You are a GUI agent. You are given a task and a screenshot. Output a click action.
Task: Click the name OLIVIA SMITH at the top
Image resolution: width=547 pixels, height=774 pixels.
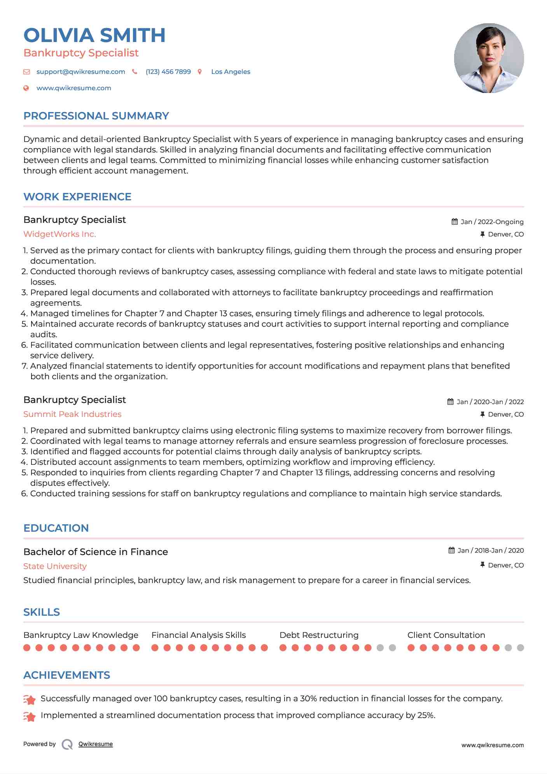point(94,35)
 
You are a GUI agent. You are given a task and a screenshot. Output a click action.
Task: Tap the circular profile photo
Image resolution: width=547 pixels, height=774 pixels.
point(489,58)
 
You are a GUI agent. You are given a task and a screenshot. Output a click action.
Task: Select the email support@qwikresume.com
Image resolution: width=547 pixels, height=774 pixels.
point(80,72)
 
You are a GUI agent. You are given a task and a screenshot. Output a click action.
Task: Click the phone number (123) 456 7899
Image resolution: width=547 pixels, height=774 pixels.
point(168,72)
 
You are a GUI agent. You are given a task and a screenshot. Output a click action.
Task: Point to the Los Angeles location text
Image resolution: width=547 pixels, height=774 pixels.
point(231,72)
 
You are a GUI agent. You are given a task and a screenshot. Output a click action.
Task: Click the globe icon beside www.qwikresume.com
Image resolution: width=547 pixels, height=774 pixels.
point(26,88)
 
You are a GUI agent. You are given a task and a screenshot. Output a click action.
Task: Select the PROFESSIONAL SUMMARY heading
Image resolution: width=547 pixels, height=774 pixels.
point(96,116)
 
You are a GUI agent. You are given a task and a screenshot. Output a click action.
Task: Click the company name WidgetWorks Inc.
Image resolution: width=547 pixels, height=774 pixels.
point(59,234)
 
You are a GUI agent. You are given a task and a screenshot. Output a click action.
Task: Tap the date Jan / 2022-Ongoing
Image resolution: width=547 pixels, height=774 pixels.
point(492,222)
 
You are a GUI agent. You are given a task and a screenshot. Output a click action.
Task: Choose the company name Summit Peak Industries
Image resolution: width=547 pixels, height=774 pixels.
point(72,414)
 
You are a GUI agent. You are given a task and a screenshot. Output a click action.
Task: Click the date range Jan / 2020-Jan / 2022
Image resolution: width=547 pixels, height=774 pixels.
point(490,402)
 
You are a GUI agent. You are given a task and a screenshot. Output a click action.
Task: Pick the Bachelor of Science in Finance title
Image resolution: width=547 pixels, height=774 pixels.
point(96,552)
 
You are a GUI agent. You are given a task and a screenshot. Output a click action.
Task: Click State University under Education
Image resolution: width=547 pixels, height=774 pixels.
point(55,566)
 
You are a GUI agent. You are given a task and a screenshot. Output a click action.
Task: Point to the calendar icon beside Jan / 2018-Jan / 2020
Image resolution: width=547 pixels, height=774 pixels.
point(451,550)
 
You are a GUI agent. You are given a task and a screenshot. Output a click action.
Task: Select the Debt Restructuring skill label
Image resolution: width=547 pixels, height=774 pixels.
point(319,635)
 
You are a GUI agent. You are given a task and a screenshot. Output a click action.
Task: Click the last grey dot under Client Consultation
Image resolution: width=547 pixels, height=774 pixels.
point(521,648)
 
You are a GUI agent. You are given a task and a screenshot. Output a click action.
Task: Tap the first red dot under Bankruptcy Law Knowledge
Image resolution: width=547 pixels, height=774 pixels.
point(27,648)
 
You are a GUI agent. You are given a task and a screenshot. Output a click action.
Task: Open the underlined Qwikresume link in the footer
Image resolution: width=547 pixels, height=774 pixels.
point(96,744)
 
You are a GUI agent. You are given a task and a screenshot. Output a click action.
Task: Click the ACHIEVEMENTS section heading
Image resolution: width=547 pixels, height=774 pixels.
point(67,675)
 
